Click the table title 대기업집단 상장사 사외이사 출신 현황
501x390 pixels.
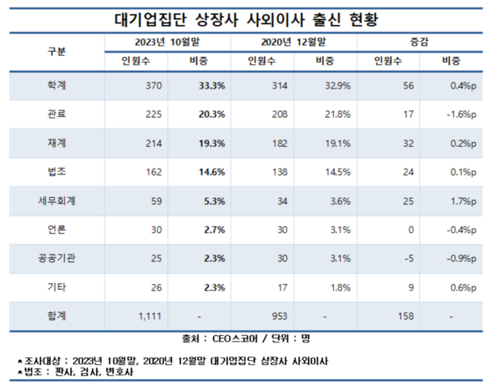(x=250, y=18)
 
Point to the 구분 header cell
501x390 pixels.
(x=57, y=50)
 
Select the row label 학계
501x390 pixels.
(x=57, y=86)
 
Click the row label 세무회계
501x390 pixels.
(x=57, y=201)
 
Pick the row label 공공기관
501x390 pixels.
(x=57, y=260)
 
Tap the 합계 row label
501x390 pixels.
(x=57, y=317)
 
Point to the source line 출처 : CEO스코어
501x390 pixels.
(x=250, y=340)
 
